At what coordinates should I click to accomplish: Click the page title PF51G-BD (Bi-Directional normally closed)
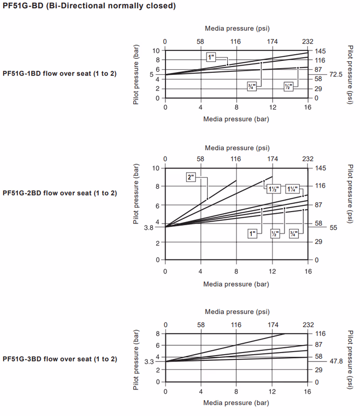[x=89, y=6]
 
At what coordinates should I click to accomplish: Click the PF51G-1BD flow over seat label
[x=59, y=73]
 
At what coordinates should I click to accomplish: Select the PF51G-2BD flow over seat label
[x=59, y=193]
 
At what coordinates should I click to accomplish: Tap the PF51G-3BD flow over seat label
[x=59, y=359]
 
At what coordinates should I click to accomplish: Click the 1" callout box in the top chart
[x=211, y=56]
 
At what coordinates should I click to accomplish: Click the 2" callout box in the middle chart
[x=191, y=177]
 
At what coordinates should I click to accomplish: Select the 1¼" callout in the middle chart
[x=293, y=189]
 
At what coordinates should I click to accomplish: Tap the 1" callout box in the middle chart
[x=253, y=235]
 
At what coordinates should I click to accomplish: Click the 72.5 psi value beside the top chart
[x=337, y=75]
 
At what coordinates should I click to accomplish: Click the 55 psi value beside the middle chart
[x=333, y=228]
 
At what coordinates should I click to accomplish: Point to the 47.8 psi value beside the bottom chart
[x=337, y=360]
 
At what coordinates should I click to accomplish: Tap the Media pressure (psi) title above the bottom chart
[x=237, y=312]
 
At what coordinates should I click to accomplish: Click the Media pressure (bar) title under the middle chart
[x=237, y=284]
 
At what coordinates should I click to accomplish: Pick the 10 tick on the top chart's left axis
[x=156, y=50]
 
